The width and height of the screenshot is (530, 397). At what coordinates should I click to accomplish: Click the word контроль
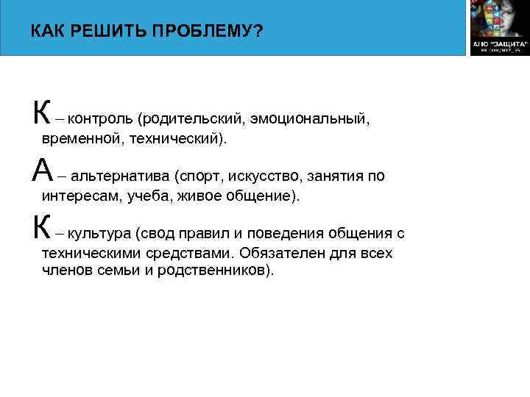tap(102, 118)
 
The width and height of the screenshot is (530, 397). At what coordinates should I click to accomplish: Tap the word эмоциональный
tap(308, 118)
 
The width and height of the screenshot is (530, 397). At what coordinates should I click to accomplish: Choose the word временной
tap(80, 138)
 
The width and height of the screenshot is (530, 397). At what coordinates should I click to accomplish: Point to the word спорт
tap(201, 176)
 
